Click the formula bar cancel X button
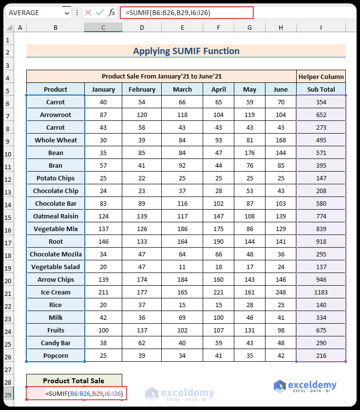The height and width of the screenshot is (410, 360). click(88, 13)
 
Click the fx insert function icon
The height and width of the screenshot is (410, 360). click(112, 13)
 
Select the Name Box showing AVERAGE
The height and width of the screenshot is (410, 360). click(34, 13)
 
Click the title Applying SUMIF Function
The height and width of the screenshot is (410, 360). click(186, 51)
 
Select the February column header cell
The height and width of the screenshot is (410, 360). click(142, 89)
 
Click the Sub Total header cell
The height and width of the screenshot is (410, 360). click(321, 89)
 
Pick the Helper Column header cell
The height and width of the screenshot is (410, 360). click(321, 77)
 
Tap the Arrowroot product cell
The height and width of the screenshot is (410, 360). click(56, 115)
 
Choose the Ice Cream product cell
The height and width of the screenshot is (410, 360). click(56, 292)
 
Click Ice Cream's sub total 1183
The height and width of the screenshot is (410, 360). click(321, 292)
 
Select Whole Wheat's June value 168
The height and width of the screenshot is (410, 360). click(281, 140)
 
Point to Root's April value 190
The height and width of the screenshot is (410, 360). click(218, 241)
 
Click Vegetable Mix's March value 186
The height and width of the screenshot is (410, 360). click(182, 229)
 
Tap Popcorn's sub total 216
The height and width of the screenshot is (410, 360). click(321, 355)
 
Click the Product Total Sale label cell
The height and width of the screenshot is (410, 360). click(74, 381)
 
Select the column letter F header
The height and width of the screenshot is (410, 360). click(218, 28)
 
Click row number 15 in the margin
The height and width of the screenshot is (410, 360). click(8, 216)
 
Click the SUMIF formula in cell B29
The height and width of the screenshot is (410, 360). click(83, 393)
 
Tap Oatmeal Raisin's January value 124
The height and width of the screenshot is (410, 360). click(103, 216)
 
